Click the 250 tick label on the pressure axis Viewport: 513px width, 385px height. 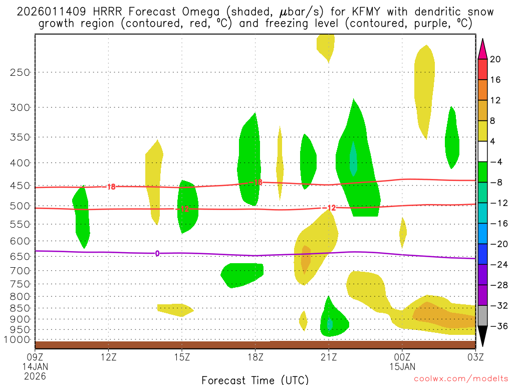20,72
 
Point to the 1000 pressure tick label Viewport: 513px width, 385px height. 18,339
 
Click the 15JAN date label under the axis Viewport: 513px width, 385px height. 402,366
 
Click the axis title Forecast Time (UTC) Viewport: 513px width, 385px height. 255,379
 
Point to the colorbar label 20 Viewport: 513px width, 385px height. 495,59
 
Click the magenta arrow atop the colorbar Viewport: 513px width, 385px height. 482,49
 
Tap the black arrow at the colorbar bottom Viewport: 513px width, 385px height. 482,336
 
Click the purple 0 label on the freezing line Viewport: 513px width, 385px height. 157,254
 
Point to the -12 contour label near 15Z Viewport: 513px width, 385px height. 183,209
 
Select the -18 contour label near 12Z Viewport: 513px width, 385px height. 110,187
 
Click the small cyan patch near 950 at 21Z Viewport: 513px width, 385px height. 329,324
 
